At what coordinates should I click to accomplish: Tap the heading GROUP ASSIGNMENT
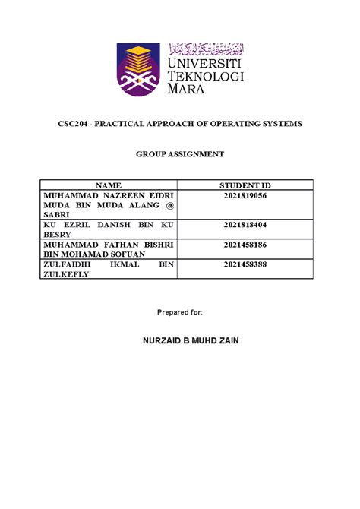click(x=180, y=154)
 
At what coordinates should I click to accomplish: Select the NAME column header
click(x=109, y=185)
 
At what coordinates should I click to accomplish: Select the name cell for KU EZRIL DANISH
click(x=109, y=230)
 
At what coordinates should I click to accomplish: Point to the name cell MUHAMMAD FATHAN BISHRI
click(x=109, y=250)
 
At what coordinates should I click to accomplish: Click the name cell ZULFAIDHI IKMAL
click(x=109, y=270)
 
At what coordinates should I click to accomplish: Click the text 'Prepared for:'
click(x=180, y=312)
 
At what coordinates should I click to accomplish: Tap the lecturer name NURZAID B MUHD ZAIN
click(x=180, y=340)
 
